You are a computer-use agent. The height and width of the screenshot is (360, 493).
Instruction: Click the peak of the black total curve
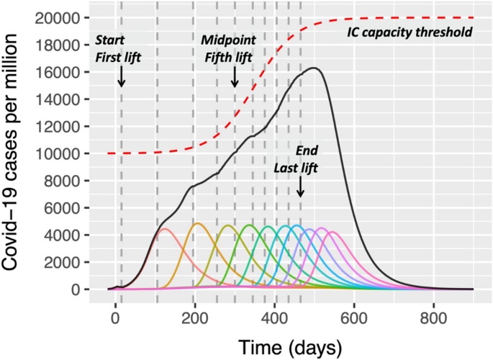pos(315,68)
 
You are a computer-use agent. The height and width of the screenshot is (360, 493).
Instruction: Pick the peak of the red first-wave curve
pos(164,229)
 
